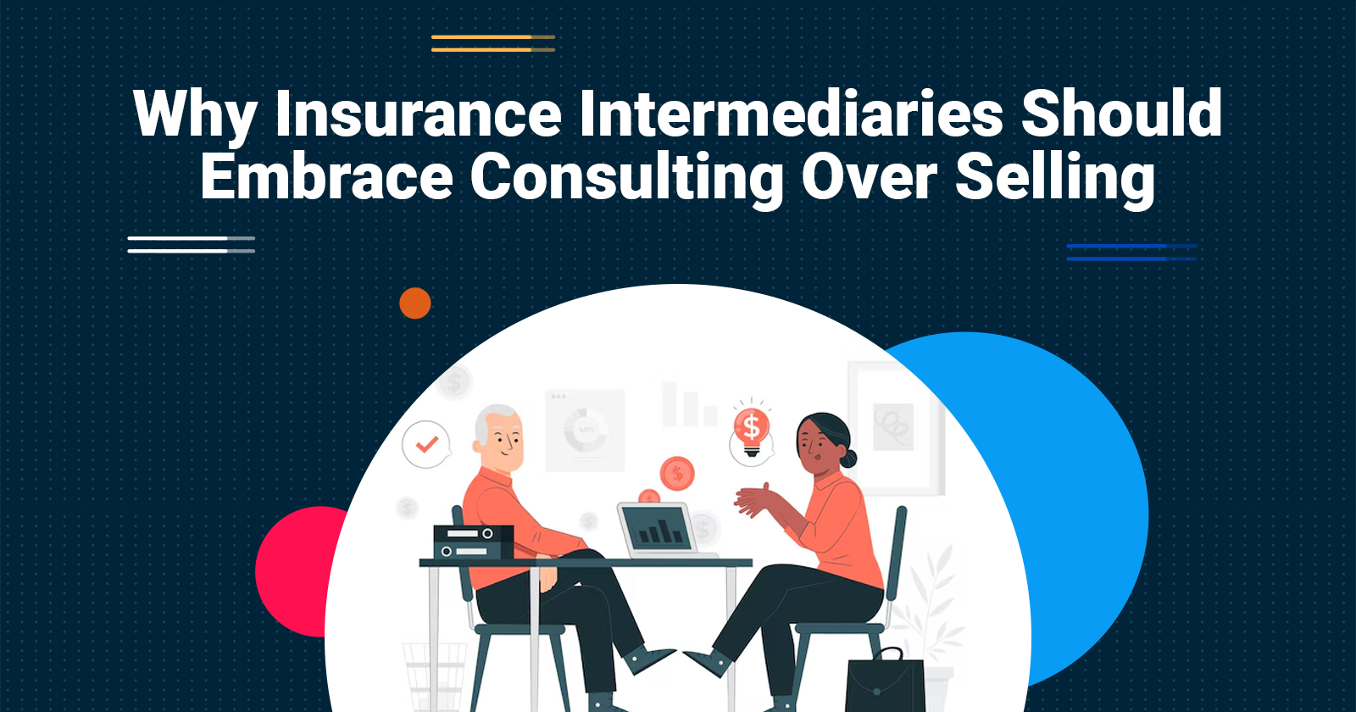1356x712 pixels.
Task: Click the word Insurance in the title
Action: click(419, 114)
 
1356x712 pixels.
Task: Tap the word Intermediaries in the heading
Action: click(791, 114)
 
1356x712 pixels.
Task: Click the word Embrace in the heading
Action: click(327, 176)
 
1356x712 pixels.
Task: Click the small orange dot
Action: click(415, 303)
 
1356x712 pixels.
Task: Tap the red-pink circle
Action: click(300, 571)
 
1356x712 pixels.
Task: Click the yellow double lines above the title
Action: click(493, 43)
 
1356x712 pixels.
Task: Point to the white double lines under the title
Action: click(192, 245)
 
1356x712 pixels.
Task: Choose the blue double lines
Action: click(1132, 253)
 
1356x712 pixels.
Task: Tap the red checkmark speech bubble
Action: click(426, 444)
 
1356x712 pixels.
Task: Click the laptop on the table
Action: click(661, 531)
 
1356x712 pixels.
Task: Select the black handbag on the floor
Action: click(885, 681)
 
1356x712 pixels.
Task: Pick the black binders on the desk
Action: click(474, 542)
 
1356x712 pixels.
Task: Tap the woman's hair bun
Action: click(848, 459)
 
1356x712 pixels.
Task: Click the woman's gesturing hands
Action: click(753, 500)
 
